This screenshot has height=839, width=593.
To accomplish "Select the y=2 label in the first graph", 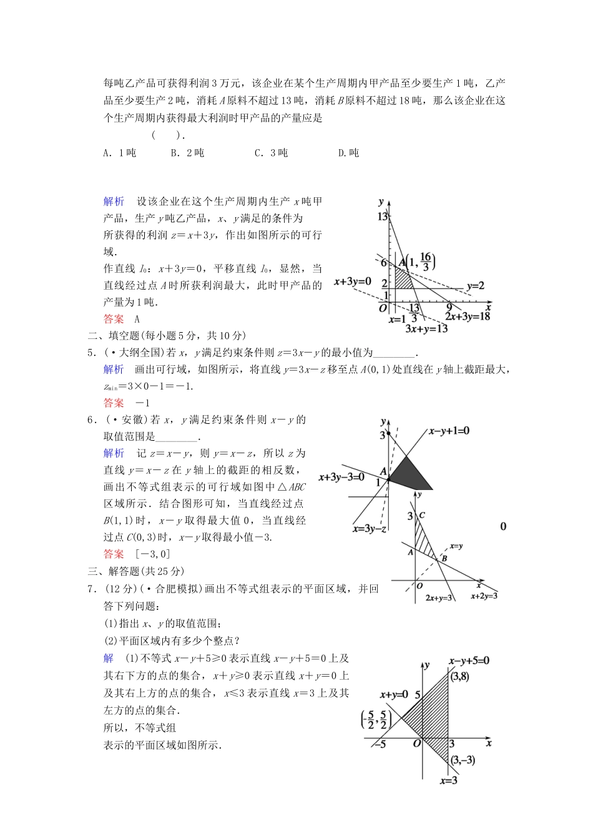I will pyautogui.click(x=475, y=286).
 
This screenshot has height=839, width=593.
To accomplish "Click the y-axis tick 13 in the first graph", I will pyautogui.click(x=382, y=217).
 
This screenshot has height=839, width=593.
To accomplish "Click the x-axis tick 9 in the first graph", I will pyautogui.click(x=448, y=307).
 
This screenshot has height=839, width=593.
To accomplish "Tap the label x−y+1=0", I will pyautogui.click(x=449, y=431).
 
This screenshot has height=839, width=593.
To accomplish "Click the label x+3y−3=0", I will pyautogui.click(x=341, y=477).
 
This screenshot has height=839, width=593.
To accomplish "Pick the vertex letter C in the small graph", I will pyautogui.click(x=423, y=515).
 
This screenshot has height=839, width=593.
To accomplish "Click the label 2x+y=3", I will pyautogui.click(x=438, y=597).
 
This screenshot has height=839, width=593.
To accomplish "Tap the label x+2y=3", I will pyautogui.click(x=484, y=596).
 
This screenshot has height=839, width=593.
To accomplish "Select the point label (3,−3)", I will pyautogui.click(x=463, y=760).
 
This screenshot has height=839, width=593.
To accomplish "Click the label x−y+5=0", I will pyautogui.click(x=469, y=660).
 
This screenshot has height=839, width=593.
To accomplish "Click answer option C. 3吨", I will pyautogui.click(x=271, y=153).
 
